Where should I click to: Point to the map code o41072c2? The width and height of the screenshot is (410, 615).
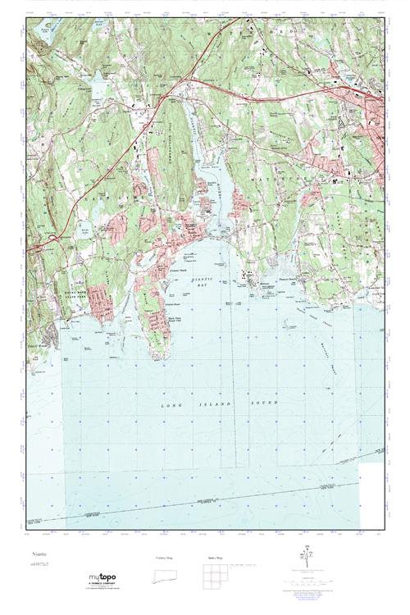[x=39, y=564]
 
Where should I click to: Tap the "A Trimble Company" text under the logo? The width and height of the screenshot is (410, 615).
[x=102, y=583]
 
